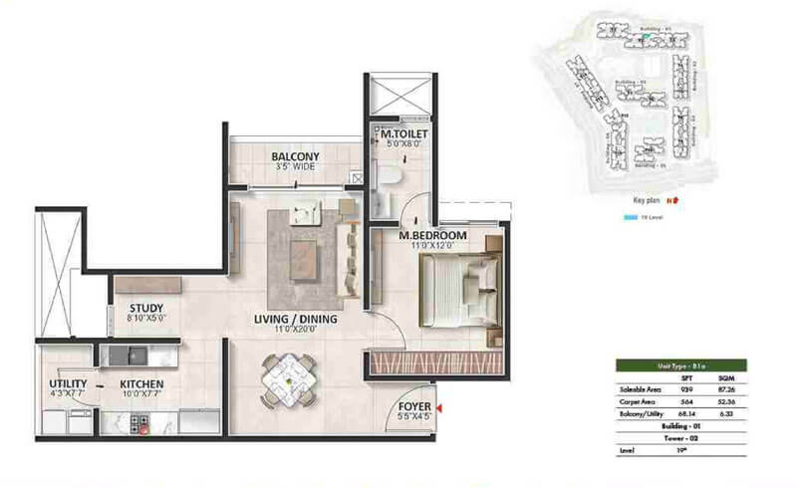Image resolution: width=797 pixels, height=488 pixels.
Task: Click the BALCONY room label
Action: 295,156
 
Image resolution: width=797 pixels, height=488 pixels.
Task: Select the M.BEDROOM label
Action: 432,236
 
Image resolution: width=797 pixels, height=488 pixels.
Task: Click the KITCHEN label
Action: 142,383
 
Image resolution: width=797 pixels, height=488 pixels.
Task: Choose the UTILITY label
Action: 68,383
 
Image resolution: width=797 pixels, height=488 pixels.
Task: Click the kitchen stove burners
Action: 140,421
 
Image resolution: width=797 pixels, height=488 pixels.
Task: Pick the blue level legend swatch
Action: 629,216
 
